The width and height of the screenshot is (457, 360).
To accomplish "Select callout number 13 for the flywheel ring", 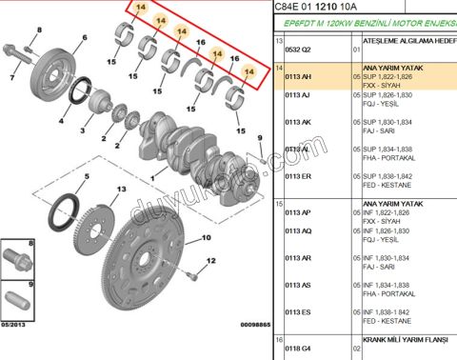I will pyautogui.click(x=121, y=190).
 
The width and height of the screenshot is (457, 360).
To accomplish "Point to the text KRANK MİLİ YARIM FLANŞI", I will pyautogui.click(x=405, y=339).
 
